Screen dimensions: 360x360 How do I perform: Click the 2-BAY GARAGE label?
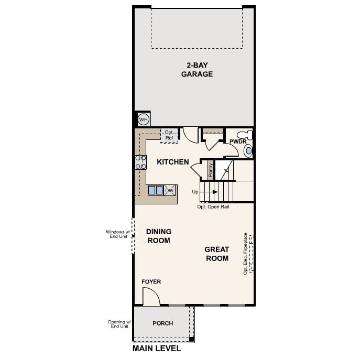tap(197, 70)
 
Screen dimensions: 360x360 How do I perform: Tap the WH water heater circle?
tap(143, 119)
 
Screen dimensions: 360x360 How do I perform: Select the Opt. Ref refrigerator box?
tap(169, 135)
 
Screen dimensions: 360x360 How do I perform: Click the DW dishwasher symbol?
tap(169, 190)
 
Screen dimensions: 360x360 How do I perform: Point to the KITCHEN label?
tap(173, 162)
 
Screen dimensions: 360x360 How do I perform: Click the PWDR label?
tap(238, 141)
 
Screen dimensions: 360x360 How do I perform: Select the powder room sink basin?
tap(248, 150)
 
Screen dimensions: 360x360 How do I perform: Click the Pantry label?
tap(211, 170)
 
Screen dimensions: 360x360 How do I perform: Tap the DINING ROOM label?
tap(159, 236)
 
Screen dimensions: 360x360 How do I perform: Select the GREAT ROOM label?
tap(217, 254)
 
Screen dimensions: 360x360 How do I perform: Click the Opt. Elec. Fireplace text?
tap(245, 254)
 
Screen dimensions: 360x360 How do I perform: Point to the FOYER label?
tap(151, 282)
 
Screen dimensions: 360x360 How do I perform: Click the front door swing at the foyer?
tap(150, 297)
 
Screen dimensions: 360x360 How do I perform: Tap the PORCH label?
tap(163, 323)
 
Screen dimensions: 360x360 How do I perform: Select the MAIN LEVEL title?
tap(157, 348)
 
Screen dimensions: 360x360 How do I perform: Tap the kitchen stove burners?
tap(140, 162)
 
